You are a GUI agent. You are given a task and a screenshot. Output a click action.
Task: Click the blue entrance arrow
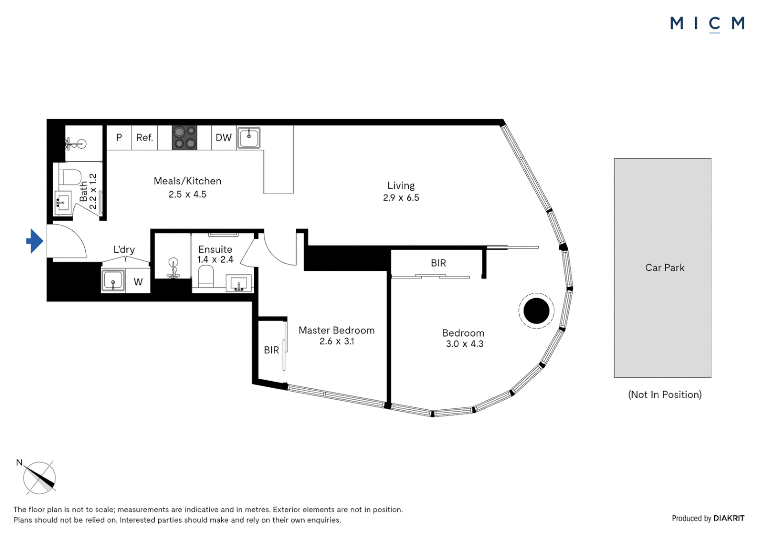click(x=34, y=241)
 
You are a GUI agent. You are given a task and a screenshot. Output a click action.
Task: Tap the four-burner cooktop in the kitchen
click(x=185, y=137)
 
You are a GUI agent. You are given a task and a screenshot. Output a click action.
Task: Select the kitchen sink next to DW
click(x=249, y=137)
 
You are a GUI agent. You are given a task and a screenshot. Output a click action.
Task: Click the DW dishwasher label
click(x=223, y=137)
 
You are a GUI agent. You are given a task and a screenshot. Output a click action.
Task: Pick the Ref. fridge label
click(x=144, y=137)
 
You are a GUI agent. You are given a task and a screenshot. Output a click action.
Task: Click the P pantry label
click(x=119, y=137)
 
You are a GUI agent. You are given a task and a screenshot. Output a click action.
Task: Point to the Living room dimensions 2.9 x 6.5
click(x=401, y=198)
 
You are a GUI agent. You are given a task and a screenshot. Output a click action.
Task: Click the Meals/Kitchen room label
click(x=188, y=181)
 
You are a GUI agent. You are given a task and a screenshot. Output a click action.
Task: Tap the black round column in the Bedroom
click(x=536, y=311)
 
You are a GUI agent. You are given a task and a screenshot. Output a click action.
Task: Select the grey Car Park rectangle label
click(x=665, y=268)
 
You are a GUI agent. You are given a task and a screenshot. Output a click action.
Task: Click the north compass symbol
click(x=39, y=478)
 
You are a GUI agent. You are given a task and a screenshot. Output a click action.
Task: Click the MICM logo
click(x=707, y=23)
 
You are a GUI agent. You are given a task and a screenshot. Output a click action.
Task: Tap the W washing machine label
click(x=138, y=282)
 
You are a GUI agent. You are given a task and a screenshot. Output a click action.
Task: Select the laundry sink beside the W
click(x=113, y=281)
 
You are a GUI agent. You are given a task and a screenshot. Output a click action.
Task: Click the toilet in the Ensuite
click(x=206, y=276)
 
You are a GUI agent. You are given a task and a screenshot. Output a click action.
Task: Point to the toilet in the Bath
click(x=70, y=177)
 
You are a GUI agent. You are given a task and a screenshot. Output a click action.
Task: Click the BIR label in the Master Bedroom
click(x=271, y=350)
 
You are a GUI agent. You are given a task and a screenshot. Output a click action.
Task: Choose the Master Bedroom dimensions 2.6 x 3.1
click(x=337, y=341)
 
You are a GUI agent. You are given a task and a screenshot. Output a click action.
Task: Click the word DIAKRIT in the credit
click(x=729, y=518)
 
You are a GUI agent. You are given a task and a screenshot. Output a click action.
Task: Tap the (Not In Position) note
click(x=665, y=395)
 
